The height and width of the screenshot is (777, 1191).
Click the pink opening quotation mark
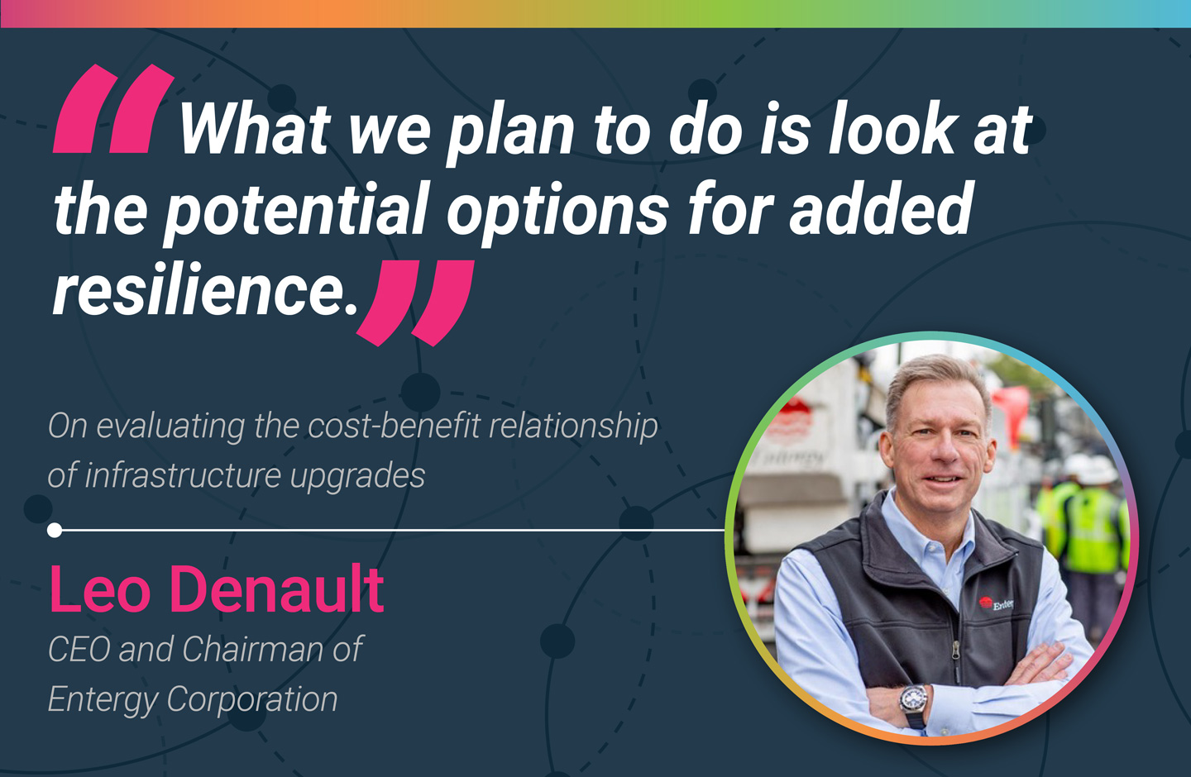(x=114, y=109)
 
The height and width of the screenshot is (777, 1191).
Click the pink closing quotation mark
(x=414, y=303)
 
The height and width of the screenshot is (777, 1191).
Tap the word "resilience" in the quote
(x=204, y=289)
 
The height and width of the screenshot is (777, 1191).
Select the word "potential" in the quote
(x=295, y=209)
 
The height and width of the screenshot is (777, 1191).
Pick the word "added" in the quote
(x=881, y=207)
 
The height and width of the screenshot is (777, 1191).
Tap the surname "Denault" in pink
(x=277, y=589)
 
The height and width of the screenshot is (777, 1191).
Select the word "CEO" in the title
(x=79, y=650)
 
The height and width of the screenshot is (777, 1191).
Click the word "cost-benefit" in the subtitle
(x=395, y=426)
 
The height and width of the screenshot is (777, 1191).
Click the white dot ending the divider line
(x=55, y=530)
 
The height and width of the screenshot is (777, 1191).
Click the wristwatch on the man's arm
(x=913, y=700)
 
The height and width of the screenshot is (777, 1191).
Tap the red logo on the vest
(x=985, y=603)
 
